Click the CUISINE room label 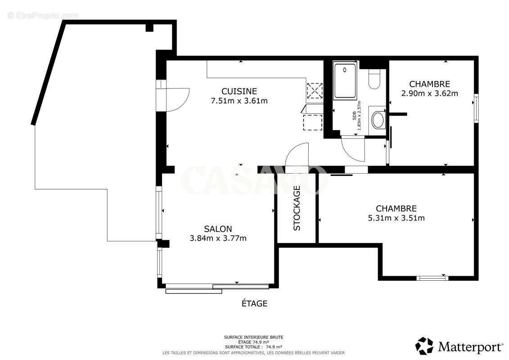239,91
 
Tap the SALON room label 218,229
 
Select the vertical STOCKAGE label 297,208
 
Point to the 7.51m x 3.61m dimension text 239,101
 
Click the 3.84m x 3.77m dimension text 218,238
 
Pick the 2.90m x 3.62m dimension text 430,94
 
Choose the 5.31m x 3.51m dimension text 396,218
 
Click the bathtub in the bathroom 345,81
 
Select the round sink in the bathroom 377,120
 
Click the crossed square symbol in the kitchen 315,90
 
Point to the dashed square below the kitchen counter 313,122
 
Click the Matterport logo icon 424,346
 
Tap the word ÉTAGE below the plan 255,303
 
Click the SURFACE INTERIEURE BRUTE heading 253,337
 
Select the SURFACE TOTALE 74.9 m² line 253,346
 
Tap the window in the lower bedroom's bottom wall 432,278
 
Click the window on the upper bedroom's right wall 476,108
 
